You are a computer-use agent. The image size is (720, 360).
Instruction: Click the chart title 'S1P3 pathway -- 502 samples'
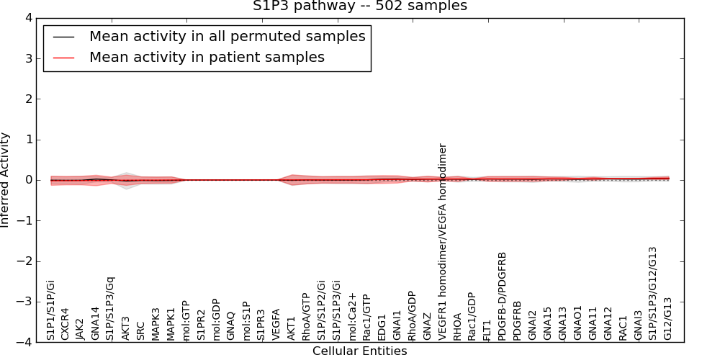359,6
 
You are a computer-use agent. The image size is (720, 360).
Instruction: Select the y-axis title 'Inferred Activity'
6,179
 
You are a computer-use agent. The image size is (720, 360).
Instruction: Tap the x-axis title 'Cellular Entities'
359,351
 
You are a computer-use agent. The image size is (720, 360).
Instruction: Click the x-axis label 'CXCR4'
66,323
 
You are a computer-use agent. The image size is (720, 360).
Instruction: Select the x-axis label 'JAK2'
81,328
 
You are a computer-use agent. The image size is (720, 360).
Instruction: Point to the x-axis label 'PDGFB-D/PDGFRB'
503,295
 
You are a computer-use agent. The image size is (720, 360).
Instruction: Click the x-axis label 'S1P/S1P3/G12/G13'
653,293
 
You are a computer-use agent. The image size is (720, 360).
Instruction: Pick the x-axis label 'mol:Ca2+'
353,316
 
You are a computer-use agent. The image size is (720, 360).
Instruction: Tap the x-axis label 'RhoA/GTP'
307,316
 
